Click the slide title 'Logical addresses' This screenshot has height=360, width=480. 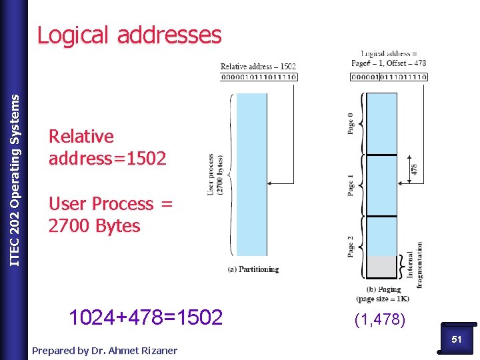point(129,35)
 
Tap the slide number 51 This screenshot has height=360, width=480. point(457,339)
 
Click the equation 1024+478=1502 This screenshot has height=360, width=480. point(145,317)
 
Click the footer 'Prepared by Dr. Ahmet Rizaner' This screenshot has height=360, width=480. point(105,350)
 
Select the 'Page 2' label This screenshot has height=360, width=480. point(351,245)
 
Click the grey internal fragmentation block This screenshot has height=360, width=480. point(382,267)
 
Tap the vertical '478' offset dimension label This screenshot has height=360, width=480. point(415,169)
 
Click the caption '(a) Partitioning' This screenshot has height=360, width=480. point(253,269)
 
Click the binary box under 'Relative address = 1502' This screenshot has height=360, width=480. point(259,77)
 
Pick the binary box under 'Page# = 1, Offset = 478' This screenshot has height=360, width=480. point(389,77)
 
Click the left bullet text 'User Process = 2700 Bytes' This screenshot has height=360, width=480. point(111,215)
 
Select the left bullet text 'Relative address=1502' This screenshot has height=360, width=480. point(107,147)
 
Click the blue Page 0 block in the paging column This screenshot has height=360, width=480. point(382,123)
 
